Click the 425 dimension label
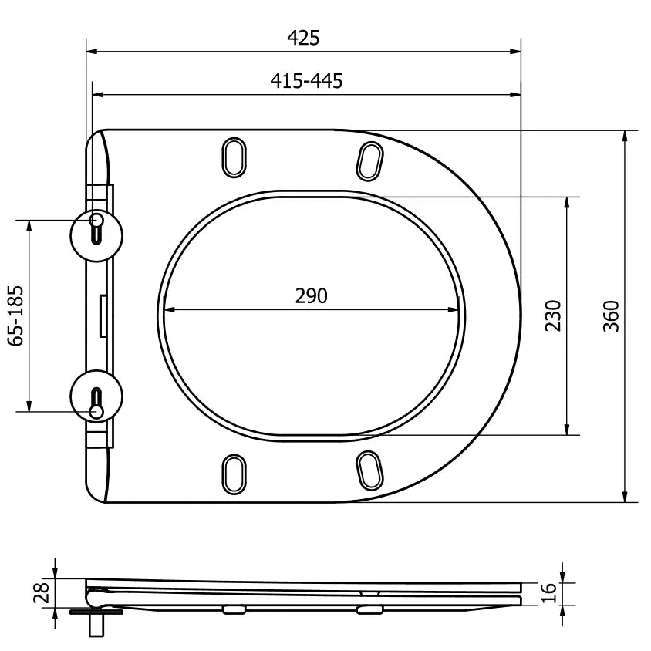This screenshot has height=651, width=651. [x=303, y=38]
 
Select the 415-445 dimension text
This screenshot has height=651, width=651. [x=306, y=80]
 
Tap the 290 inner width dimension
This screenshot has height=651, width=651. [x=311, y=295]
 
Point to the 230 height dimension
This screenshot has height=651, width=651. [x=552, y=315]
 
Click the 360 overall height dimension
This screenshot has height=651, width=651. [x=610, y=315]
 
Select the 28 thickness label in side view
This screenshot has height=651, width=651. [x=42, y=592]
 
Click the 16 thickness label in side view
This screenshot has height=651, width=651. [x=548, y=592]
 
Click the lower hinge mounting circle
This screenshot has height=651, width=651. [x=96, y=397]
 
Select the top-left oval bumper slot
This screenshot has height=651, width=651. [x=234, y=157]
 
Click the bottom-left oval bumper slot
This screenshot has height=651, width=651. [x=234, y=473]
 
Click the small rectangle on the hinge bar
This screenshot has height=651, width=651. [x=103, y=316]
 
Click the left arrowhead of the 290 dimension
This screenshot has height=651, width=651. [x=168, y=311]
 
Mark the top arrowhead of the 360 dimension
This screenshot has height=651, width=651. [x=625, y=136]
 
